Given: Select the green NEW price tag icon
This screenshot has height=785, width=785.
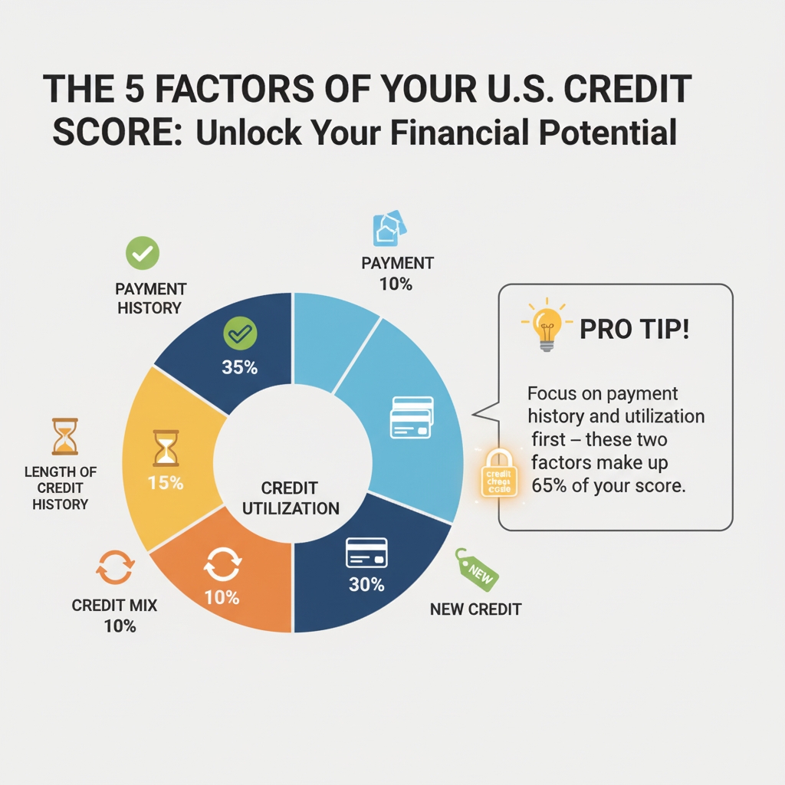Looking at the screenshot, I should click(x=476, y=570).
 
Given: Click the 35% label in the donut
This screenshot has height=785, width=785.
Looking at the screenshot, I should click(x=239, y=367).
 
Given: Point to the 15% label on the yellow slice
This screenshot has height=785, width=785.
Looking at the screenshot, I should click(x=166, y=483).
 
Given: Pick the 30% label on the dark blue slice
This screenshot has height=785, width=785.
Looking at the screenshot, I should click(x=366, y=584).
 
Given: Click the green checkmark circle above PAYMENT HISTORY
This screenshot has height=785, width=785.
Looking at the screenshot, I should click(x=143, y=253).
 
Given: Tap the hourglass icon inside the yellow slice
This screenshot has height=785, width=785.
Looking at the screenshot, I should click(x=166, y=448).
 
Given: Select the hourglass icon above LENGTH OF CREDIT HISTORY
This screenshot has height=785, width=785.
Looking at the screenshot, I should click(x=65, y=436).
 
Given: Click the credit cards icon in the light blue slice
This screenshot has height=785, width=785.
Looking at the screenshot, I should click(x=412, y=417).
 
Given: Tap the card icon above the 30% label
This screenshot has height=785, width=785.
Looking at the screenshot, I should click(x=366, y=552).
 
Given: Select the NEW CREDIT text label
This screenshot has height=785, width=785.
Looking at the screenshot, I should click(x=475, y=609).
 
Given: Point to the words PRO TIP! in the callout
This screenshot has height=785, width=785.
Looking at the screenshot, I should click(x=634, y=329).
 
